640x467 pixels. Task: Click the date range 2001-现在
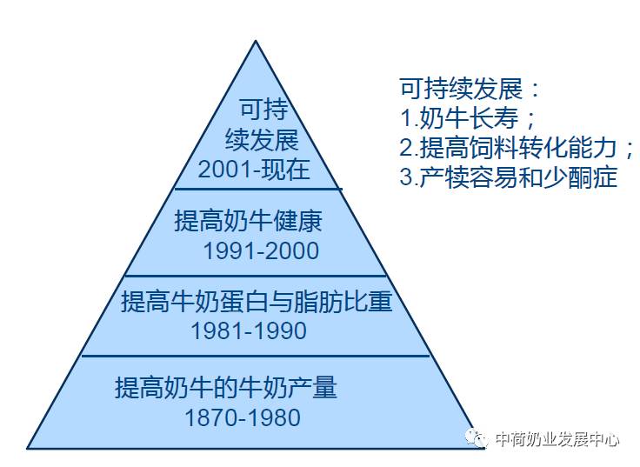pyautogui.click(x=254, y=169)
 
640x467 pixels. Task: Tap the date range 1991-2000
pyautogui.click(x=261, y=251)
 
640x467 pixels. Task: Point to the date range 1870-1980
pyautogui.click(x=243, y=417)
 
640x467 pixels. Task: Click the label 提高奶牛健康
pyautogui.click(x=248, y=221)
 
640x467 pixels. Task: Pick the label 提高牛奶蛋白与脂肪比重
pyautogui.click(x=257, y=303)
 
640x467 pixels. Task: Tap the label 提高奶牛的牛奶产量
pyautogui.click(x=225, y=387)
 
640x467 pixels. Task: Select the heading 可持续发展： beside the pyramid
pyautogui.click(x=470, y=90)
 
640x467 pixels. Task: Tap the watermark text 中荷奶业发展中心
pyautogui.click(x=557, y=439)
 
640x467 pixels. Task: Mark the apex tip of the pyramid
pyautogui.click(x=255, y=41)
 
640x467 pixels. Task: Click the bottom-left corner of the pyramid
pyautogui.click(x=28, y=448)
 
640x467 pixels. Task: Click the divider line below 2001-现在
pyautogui.click(x=257, y=189)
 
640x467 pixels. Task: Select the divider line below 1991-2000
pyautogui.click(x=257, y=276)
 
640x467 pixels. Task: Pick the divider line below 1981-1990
pyautogui.click(x=257, y=355)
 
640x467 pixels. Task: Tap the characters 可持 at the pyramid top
pyautogui.click(x=263, y=110)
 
